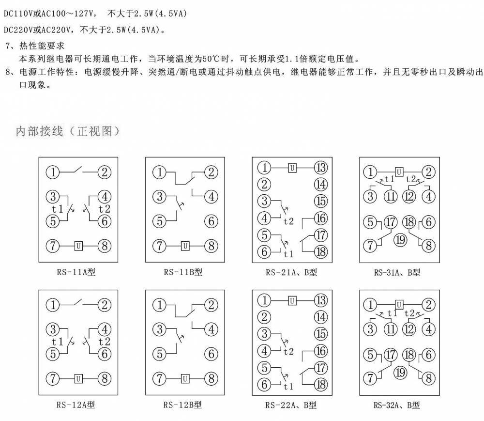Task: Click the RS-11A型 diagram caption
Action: tap(76, 272)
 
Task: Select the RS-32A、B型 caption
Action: tap(397, 405)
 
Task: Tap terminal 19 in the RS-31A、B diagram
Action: tap(400, 240)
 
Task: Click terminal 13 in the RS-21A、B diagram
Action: tap(321, 168)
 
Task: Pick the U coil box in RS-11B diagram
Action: tap(185, 246)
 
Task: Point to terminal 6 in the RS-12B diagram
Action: tap(212, 354)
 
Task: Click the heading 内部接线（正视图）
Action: tap(68, 131)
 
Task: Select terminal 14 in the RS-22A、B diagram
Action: tap(321, 317)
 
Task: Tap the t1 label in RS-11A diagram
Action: tap(58, 209)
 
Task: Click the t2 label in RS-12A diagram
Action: tap(105, 342)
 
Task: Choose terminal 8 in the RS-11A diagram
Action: tap(105, 246)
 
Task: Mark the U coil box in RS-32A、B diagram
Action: tap(399, 305)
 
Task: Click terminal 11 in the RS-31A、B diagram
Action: tap(391, 196)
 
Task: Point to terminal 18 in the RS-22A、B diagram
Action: tap(321, 385)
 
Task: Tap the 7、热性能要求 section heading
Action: tap(35, 46)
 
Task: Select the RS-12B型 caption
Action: tap(183, 405)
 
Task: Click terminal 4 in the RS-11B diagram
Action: tap(212, 197)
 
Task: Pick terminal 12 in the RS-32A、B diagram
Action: tap(409, 329)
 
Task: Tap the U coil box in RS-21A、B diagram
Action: tap(292, 168)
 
